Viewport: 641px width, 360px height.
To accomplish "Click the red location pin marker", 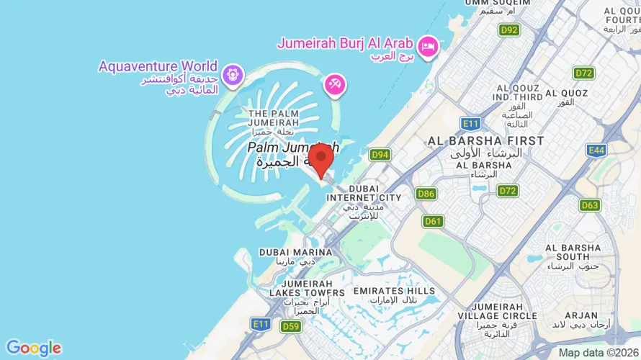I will [320, 157].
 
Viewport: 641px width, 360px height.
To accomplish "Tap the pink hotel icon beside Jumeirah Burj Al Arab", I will [429, 45].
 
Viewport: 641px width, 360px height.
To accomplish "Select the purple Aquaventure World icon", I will [231, 73].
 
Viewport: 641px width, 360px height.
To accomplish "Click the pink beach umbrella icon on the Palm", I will [334, 85].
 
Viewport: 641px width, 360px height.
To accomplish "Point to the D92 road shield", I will [509, 30].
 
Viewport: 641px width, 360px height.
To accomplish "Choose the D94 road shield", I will [380, 155].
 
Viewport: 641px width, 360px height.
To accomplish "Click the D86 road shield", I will [426, 194].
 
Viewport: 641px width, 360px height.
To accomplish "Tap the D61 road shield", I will [433, 221].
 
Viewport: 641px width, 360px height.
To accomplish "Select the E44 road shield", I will [596, 150].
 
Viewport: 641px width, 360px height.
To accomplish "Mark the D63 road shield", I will [589, 205].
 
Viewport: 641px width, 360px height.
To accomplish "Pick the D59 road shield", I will [290, 326].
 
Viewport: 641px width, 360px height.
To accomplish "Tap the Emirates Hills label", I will [395, 291].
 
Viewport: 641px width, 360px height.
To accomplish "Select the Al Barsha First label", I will [485, 140].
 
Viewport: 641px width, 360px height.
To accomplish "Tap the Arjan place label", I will [581, 315].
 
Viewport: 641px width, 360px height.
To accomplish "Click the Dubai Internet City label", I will [364, 193].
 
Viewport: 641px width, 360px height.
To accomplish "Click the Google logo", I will [33, 348].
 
